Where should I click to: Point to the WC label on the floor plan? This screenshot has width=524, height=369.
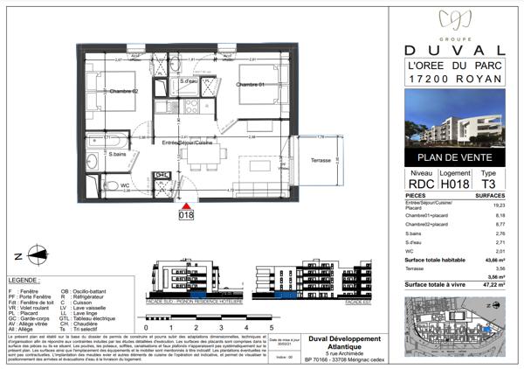pyautogui.click(x=125, y=184)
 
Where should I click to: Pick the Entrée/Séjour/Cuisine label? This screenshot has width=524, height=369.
pyautogui.click(x=186, y=142)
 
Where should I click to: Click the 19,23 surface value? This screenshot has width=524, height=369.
pyautogui.click(x=500, y=205)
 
